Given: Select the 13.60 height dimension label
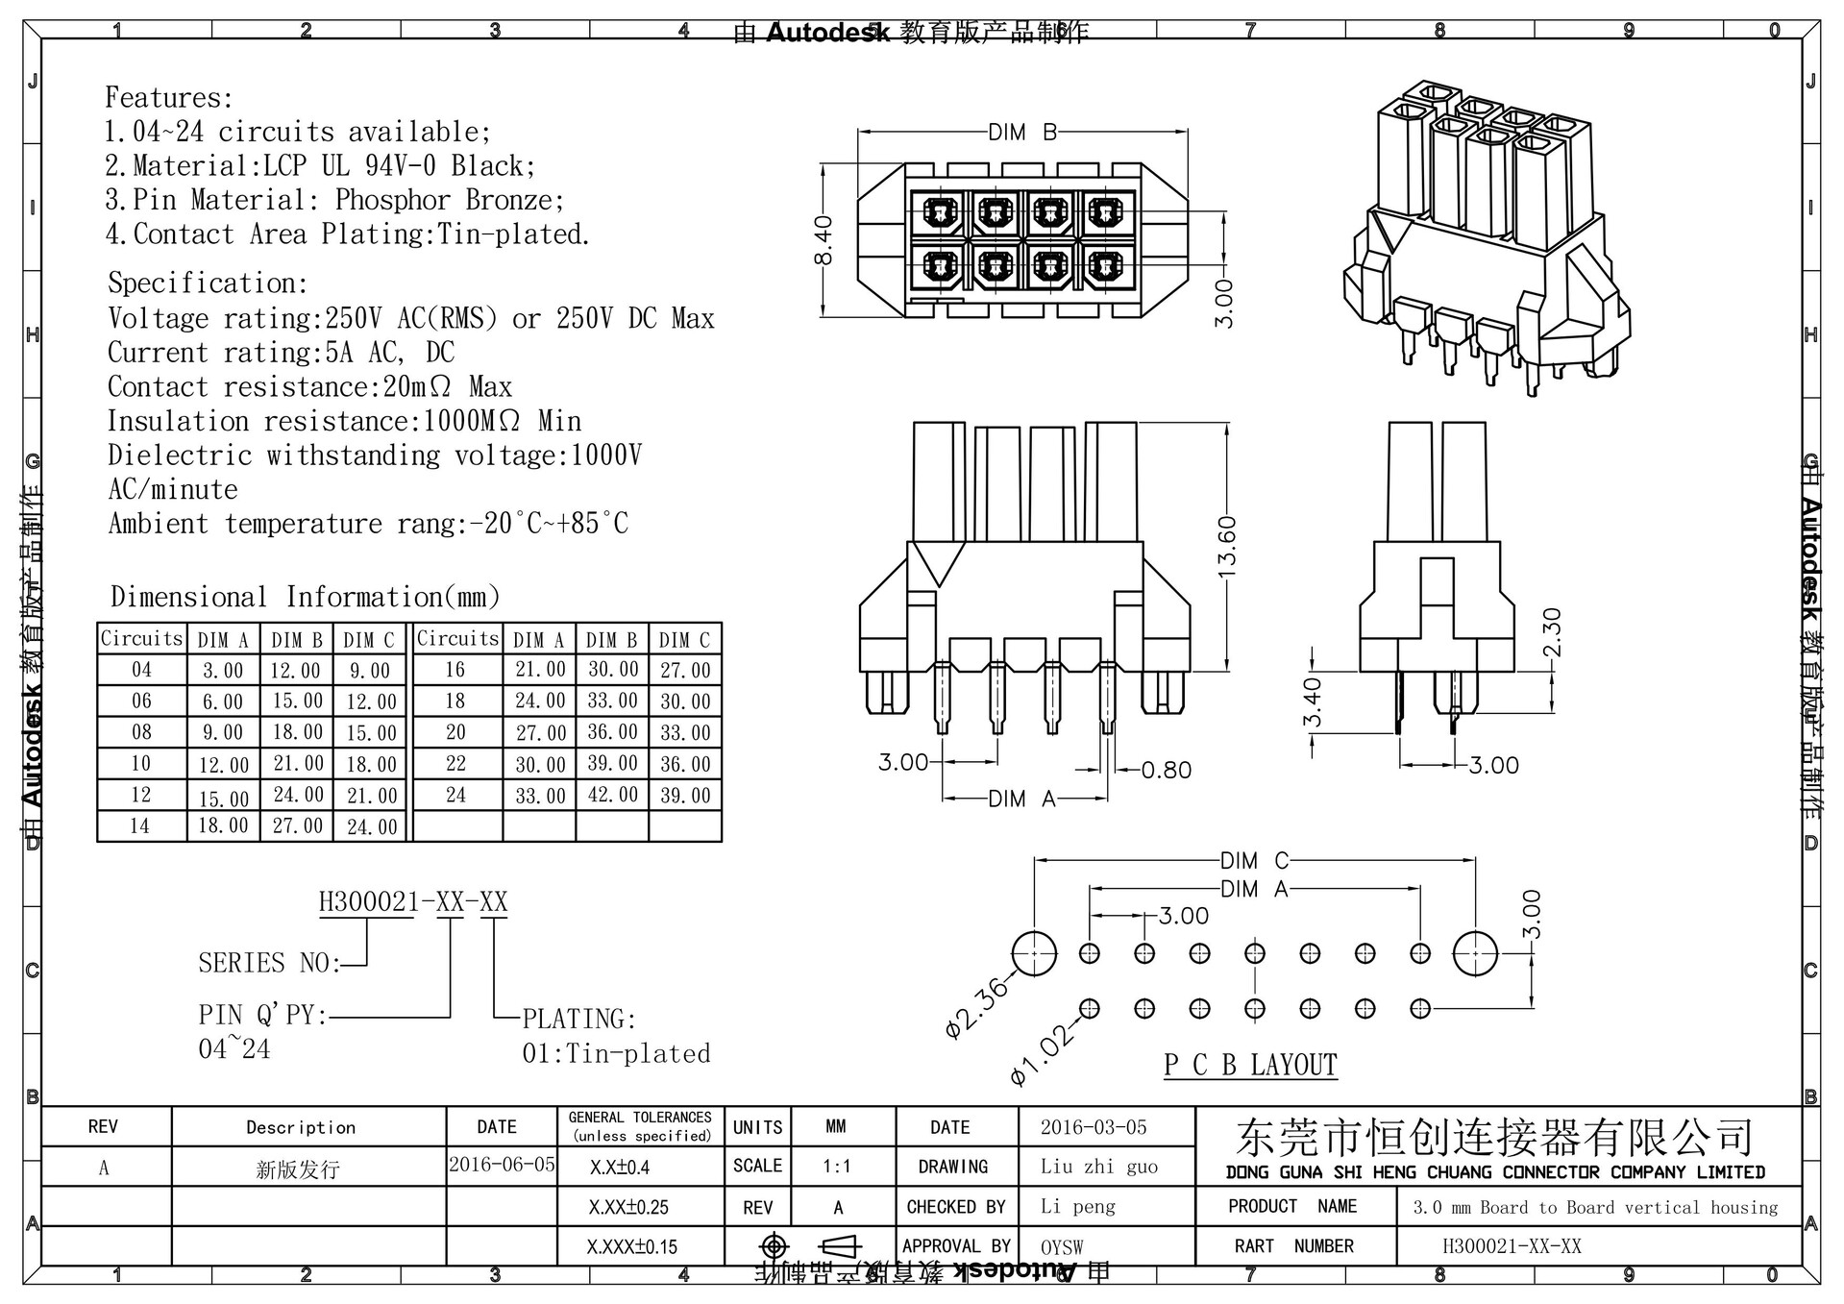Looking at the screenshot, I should click(x=1226, y=548).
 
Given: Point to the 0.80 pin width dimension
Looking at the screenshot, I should click(x=1166, y=770).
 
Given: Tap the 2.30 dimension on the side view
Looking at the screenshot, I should click(x=1551, y=631).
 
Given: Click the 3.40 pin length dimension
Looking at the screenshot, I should click(x=1313, y=701).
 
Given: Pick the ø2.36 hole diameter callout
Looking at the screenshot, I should click(x=978, y=1007).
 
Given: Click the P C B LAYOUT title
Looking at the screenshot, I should click(x=1250, y=1065).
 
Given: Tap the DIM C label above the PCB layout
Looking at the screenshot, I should click(x=1254, y=860).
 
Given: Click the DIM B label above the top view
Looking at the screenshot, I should click(x=1022, y=133).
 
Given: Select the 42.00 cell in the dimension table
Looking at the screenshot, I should click(x=612, y=795).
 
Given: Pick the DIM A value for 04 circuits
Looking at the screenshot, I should click(x=222, y=670).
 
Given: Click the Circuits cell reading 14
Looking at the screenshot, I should click(x=140, y=825).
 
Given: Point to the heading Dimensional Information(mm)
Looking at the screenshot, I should click(x=306, y=597).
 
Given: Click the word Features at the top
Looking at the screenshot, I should click(x=169, y=98).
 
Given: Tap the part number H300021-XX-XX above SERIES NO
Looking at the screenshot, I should click(x=413, y=901).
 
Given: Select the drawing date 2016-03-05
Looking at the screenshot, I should click(x=1094, y=1126).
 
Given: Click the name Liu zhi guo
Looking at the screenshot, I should click(x=1099, y=1167).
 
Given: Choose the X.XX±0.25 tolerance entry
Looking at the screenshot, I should click(x=628, y=1207).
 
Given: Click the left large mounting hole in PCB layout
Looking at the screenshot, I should click(x=1034, y=953).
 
